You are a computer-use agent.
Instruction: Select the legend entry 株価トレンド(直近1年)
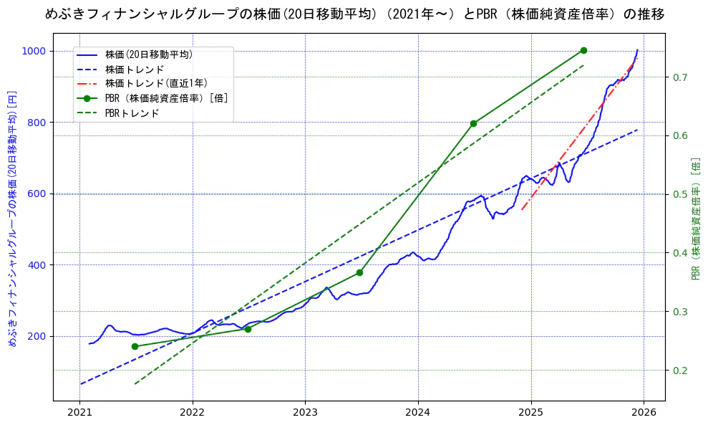coord(155,83)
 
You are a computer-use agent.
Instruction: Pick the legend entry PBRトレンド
coord(132,113)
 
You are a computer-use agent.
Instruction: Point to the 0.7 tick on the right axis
coord(680,77)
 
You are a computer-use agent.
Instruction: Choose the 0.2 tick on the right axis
coord(680,371)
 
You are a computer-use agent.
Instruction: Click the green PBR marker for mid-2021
coord(135,346)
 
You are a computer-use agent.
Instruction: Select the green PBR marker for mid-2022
coord(248,329)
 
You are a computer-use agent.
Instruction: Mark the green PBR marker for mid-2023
coord(359,272)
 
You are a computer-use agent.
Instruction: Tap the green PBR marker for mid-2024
coord(473,123)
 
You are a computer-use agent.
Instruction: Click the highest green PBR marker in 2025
coord(583,50)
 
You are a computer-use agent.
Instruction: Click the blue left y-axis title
coord(11,219)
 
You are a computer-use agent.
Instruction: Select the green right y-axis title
coord(696,219)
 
